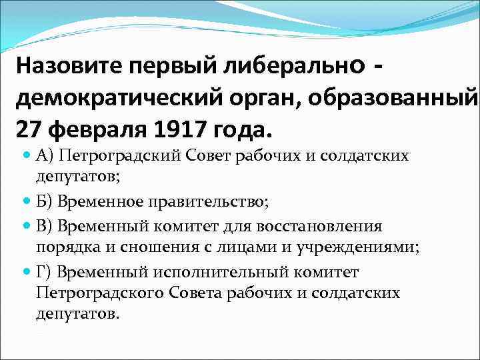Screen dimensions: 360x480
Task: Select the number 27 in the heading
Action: click(x=29, y=127)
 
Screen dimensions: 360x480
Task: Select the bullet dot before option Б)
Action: click(x=27, y=198)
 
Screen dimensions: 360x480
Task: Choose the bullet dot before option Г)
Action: click(x=27, y=271)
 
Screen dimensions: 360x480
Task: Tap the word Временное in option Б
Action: click(x=89, y=199)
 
